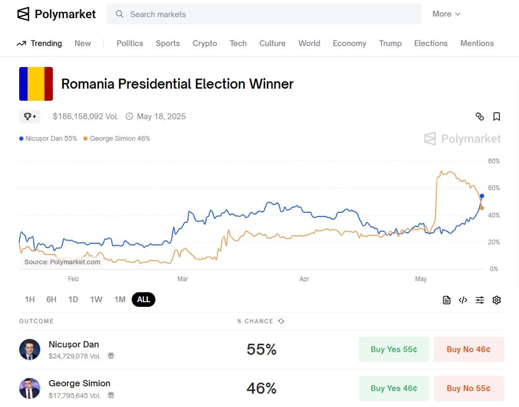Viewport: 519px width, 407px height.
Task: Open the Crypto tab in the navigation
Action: [204, 43]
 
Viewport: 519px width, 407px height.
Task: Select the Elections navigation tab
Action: [431, 43]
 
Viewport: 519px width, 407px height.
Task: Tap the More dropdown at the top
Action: [446, 14]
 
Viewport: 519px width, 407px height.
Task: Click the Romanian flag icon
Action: [36, 84]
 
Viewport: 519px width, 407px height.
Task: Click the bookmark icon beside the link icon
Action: [497, 116]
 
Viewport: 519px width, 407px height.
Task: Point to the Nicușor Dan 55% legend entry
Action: [48, 139]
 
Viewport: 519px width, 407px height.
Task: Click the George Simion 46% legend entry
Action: [117, 139]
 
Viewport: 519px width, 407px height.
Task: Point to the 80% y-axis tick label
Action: [494, 161]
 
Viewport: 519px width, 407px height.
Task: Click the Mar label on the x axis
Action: [183, 279]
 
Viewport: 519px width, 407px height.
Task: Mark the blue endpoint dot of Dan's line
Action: [482, 196]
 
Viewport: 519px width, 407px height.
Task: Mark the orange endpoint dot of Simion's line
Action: [482, 208]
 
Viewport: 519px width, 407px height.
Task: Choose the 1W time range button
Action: [96, 300]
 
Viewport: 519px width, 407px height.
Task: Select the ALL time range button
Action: [144, 300]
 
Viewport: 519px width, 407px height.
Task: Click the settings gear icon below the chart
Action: [497, 300]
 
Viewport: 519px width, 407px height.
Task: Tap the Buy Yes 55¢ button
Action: [394, 349]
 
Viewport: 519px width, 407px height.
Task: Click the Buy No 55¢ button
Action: [469, 388]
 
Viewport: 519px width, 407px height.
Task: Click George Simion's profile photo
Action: [30, 388]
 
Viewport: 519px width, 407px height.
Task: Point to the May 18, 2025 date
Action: [161, 116]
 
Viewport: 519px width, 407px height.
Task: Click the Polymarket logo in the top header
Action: [57, 14]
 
